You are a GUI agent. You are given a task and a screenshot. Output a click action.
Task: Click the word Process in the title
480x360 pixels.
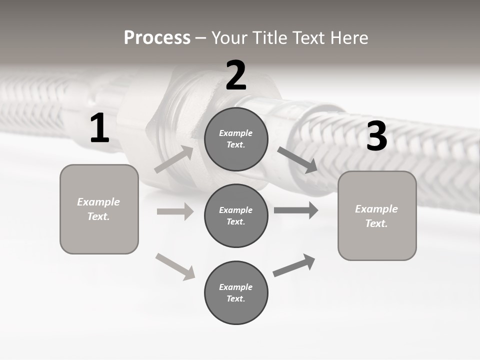(157, 38)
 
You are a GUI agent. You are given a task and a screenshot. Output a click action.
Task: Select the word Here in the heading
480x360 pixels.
(348, 38)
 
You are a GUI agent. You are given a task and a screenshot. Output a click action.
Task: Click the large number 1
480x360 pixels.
(99, 128)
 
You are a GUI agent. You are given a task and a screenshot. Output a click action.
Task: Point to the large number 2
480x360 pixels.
(236, 75)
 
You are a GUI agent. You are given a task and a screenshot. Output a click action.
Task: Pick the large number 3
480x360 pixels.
(376, 136)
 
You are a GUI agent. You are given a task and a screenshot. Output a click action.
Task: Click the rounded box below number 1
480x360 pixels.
(99, 209)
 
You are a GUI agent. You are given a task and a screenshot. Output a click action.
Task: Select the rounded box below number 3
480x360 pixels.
(377, 216)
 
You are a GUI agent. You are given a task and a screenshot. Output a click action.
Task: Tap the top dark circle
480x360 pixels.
(236, 139)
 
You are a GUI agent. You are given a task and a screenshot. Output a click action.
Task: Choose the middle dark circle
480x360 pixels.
(236, 215)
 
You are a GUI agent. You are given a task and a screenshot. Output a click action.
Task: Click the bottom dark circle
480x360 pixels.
(236, 292)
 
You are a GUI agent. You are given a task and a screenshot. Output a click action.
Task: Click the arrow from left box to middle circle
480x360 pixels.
(175, 211)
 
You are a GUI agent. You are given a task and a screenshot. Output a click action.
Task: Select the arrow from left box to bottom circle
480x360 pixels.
(175, 266)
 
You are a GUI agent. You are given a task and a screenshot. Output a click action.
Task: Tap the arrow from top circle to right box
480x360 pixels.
(297, 160)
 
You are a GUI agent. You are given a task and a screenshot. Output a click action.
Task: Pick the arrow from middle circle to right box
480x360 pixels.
(296, 210)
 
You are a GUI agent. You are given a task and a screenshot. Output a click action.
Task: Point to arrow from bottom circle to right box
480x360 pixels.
(294, 265)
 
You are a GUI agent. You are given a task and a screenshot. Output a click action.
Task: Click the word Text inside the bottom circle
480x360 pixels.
(235, 299)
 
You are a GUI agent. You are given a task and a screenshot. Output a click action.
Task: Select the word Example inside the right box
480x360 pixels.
(376, 209)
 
